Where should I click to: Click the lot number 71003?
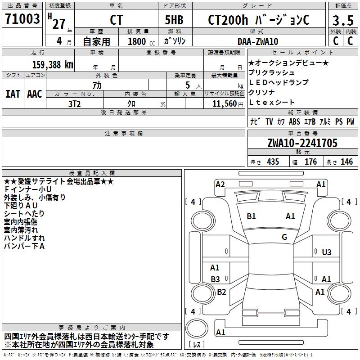pos(22,19)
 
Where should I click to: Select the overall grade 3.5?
pos(343,20)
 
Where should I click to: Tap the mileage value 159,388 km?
pos(53,65)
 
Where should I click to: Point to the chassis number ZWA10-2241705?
pos(302,143)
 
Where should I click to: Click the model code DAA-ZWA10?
pos(258,41)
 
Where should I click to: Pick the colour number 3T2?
pos(74,104)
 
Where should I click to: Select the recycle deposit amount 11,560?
pos(224,104)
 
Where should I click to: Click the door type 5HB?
pos(174,20)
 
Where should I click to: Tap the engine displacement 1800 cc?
pos(141,42)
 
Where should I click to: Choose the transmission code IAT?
pos(13,94)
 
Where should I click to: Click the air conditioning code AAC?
pos(35,94)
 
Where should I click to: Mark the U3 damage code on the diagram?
pos(327,252)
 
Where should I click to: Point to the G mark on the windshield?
pos(284,237)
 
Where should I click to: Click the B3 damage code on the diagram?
pos(215,279)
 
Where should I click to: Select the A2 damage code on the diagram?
pos(220,184)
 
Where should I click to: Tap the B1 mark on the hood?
pos(251,216)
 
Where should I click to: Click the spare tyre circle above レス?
pos(197,328)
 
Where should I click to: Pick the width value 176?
pos(310,162)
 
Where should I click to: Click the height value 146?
pos(346,162)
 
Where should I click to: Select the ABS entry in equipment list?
pos(294,121)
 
